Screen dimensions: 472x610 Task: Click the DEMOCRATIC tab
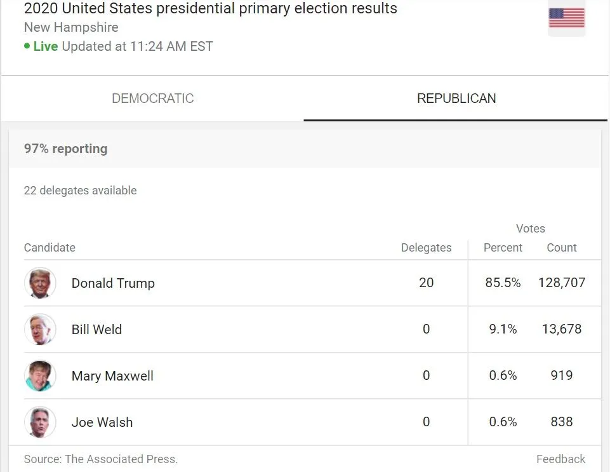152,98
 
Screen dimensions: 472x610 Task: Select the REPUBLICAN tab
456,98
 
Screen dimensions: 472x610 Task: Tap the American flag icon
566,18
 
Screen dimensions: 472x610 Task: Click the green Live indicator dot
27,46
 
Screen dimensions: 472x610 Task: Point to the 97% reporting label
65,149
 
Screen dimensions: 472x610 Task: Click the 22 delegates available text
80,191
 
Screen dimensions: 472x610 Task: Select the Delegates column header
426,248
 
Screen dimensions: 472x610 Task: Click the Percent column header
503,248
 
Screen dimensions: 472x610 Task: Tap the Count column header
561,248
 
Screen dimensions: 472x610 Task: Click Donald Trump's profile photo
40,283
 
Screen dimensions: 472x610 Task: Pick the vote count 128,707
561,283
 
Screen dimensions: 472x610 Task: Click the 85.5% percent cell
503,283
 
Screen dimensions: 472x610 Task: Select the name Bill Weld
96,330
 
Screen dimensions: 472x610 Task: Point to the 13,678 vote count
561,330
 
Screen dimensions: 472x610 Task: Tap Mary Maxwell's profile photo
40,376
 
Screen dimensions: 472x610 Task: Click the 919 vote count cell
561,376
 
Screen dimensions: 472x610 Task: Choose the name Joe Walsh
102,422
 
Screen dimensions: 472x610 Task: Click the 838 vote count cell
561,422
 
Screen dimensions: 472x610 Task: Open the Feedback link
560,459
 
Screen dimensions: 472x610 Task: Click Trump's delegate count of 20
426,283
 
